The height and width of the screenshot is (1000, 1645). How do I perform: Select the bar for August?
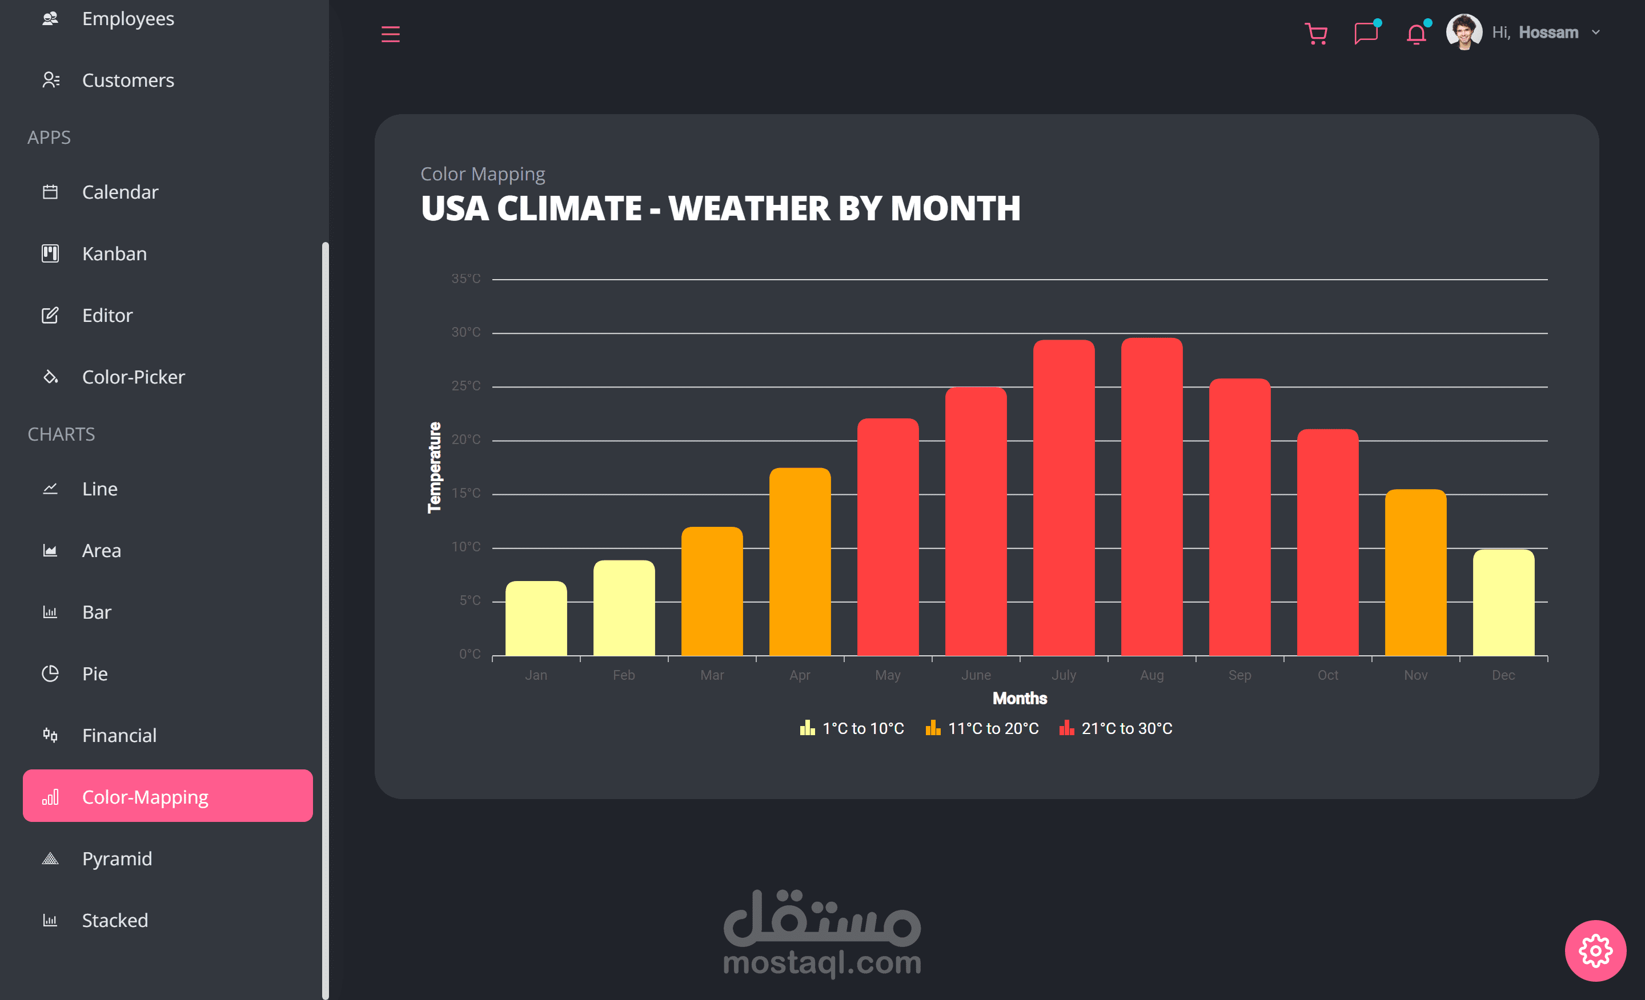point(1151,497)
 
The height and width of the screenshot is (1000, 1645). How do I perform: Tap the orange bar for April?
point(800,562)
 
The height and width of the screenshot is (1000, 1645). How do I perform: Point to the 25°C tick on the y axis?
point(466,386)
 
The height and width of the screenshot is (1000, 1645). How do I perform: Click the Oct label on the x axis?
point(1327,675)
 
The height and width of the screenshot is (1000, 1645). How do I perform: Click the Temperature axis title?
point(435,467)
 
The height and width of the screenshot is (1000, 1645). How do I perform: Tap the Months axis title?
point(1020,699)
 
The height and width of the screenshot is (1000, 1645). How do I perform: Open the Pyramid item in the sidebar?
point(117,858)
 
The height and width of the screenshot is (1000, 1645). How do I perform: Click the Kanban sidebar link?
point(114,253)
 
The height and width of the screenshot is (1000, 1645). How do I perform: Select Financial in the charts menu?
point(119,735)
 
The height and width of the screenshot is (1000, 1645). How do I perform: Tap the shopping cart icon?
point(1316,33)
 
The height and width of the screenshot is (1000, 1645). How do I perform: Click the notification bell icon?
point(1415,33)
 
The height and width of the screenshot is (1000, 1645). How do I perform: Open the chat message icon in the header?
point(1365,33)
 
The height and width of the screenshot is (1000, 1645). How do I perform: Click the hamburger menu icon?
point(391,34)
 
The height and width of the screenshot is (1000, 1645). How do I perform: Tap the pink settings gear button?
point(1595,951)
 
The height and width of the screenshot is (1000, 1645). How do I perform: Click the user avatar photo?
point(1463,32)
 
